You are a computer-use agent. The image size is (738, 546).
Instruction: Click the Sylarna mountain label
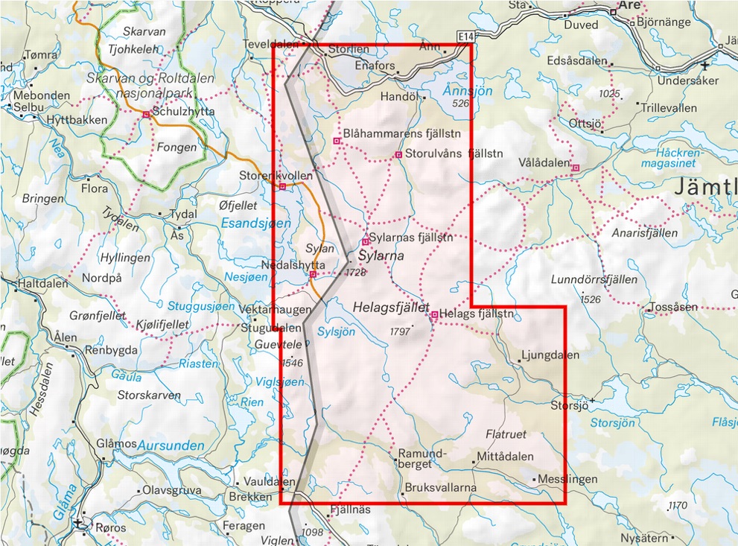pos(381,255)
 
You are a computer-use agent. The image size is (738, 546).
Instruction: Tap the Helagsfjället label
pos(391,306)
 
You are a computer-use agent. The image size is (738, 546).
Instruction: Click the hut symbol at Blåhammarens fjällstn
pos(337,140)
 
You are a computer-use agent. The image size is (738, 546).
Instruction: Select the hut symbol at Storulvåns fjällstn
pos(398,155)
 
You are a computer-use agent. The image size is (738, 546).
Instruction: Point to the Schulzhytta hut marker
pos(146,114)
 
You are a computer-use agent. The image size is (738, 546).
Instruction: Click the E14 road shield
pos(467,36)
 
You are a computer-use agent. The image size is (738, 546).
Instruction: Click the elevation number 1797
pos(400,331)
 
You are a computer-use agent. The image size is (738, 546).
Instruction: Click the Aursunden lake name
pos(171,445)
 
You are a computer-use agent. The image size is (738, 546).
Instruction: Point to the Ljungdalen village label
pos(550,355)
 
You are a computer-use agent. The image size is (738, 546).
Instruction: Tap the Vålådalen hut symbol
pos(575,168)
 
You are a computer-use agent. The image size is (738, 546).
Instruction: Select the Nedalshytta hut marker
pos(313,274)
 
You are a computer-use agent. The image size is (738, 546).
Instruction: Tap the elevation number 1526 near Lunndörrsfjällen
pos(590,299)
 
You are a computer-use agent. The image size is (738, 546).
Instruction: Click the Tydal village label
pos(183,214)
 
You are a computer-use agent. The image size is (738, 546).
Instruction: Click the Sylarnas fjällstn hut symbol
pos(366,241)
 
